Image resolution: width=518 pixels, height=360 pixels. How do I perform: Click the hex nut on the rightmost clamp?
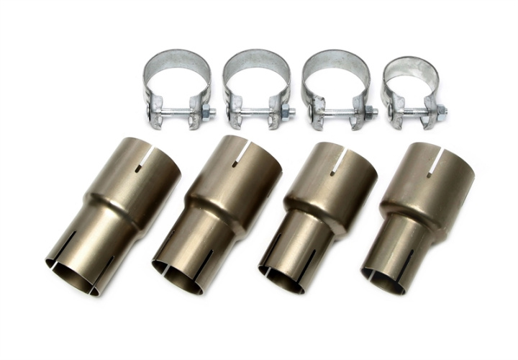click(441, 112)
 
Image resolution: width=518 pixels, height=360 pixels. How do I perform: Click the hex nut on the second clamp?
click(285, 112)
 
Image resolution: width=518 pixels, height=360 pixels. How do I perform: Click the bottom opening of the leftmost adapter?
click(76, 275)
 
